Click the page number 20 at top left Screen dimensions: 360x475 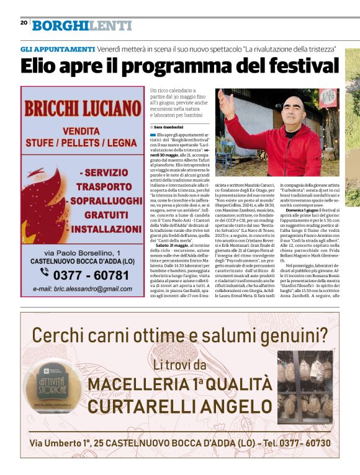[24, 23]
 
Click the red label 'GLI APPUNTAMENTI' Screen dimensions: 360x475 [57, 48]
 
